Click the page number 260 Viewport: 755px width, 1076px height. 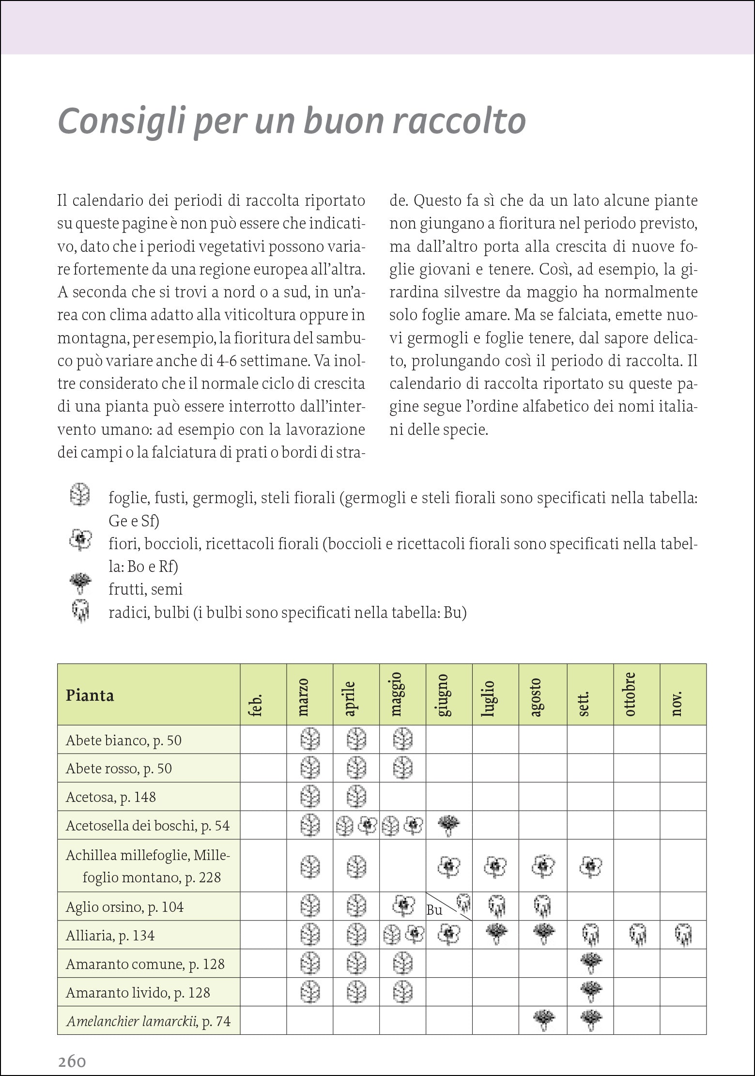pos(72,1049)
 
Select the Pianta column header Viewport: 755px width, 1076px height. pos(90,695)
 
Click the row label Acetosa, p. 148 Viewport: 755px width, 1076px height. pos(111,797)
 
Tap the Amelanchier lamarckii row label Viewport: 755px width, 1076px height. pos(148,1021)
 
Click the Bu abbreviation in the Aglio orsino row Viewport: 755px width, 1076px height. pos(434,910)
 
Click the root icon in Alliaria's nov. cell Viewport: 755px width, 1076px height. pos(683,936)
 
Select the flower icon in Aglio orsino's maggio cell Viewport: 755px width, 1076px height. pos(402,906)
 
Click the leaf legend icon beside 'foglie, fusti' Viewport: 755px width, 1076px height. pos(79,495)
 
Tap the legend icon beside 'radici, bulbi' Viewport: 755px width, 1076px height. pos(79,611)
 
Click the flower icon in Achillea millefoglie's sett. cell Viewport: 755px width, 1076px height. pos(590,865)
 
